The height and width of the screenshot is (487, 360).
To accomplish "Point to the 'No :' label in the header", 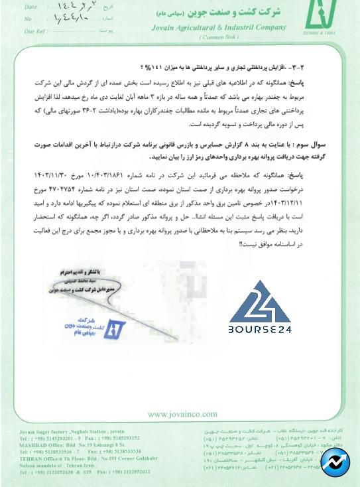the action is pyautogui.click(x=29, y=19).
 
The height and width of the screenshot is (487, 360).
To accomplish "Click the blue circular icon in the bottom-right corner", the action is pyautogui.click(x=335, y=462).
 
